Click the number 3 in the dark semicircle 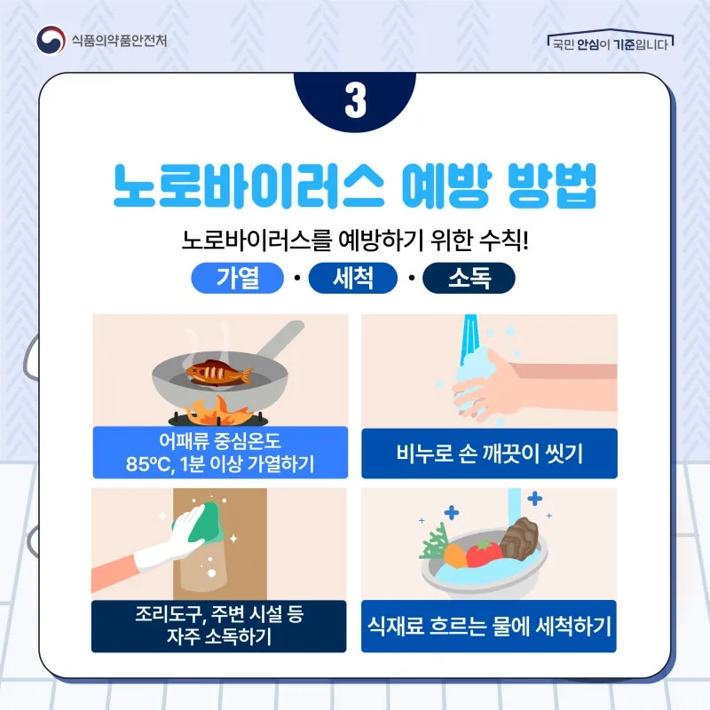click(x=356, y=100)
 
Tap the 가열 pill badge click(x=237, y=278)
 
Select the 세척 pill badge click(x=352, y=278)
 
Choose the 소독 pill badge click(x=469, y=278)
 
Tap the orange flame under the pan click(x=218, y=410)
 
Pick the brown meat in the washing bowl click(x=519, y=538)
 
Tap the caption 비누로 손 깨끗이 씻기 click(x=490, y=454)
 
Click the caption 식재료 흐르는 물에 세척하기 click(x=489, y=627)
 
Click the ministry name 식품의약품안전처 click(x=119, y=41)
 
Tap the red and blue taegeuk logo click(x=51, y=40)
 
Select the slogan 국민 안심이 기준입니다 click(x=611, y=44)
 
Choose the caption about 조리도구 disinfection click(x=219, y=626)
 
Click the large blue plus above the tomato click(x=452, y=513)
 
